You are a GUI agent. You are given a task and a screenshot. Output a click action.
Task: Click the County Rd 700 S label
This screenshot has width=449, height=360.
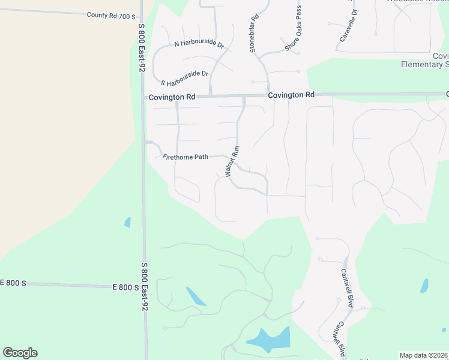tap(111, 15)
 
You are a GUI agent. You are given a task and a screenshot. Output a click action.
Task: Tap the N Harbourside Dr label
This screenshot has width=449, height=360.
tap(199, 44)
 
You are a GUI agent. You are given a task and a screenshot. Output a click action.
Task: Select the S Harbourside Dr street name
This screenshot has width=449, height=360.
tap(184, 77)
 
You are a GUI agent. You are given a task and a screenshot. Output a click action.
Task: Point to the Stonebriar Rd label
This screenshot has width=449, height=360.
tap(253, 33)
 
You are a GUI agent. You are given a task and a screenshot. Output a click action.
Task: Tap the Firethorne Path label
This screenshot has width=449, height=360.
tap(185, 157)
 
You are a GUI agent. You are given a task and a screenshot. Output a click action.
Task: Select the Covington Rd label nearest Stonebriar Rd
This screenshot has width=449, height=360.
tap(291, 95)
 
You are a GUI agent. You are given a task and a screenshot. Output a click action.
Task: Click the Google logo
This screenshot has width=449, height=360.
tap(20, 352)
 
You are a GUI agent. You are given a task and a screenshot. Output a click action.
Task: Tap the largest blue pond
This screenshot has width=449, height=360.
tap(270, 340)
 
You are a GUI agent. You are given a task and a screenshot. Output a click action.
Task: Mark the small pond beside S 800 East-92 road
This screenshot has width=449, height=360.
tap(127, 223)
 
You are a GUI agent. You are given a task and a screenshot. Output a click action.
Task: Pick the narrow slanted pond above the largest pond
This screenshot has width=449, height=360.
tap(196, 296)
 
